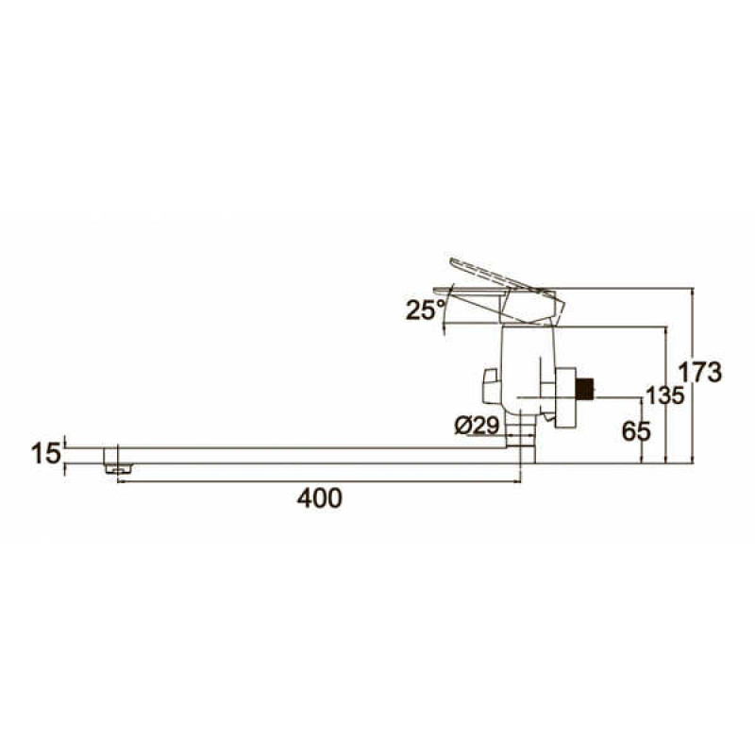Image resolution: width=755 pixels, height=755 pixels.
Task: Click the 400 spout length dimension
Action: point(319,498)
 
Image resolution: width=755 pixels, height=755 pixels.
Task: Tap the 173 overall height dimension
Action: point(700,372)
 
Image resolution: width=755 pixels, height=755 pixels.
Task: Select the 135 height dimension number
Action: point(665,395)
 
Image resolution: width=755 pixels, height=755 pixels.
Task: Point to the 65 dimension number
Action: point(636,431)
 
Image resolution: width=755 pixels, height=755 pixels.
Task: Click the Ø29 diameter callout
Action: point(477,427)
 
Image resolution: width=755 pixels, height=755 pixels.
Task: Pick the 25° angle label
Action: point(426,310)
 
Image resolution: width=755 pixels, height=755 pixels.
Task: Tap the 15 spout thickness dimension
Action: point(46,454)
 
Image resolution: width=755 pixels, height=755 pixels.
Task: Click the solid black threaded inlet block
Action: point(585,389)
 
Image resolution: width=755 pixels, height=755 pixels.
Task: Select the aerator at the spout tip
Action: point(119,468)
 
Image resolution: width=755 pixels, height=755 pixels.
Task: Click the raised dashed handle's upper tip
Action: point(452,261)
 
